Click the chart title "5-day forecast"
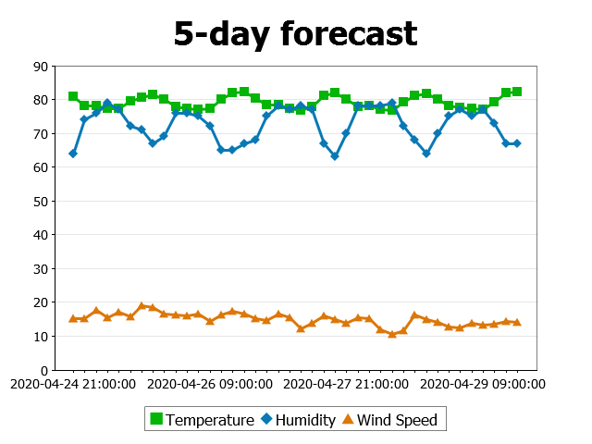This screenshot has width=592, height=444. click(x=295, y=33)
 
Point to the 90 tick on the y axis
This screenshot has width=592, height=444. click(x=41, y=67)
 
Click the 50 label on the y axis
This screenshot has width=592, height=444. click(x=41, y=202)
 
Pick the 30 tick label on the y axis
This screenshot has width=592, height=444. click(x=41, y=269)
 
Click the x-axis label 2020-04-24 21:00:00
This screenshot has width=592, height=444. click(x=73, y=383)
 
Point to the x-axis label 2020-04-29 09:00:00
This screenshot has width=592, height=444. click(x=480, y=383)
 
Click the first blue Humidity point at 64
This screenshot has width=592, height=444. click(x=73, y=154)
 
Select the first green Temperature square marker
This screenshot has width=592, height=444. click(x=73, y=96)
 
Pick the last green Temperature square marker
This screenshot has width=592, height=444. click(x=517, y=92)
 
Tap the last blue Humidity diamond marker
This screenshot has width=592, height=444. click(x=517, y=143)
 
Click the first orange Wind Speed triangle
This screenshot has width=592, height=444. click(x=73, y=319)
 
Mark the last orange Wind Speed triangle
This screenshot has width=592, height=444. click(x=517, y=322)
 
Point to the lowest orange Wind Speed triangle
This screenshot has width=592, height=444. click(x=392, y=334)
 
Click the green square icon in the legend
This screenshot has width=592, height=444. click(x=156, y=420)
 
